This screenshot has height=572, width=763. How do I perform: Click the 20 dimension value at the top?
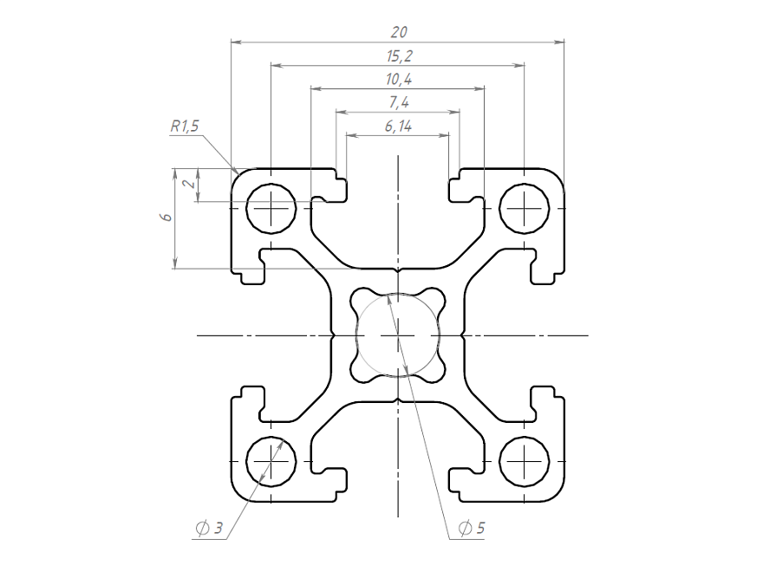399,32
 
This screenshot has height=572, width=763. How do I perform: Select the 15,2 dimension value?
398,56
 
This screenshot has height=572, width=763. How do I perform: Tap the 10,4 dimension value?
398,80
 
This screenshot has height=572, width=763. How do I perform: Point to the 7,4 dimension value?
398,103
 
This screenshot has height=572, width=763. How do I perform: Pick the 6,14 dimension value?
397,127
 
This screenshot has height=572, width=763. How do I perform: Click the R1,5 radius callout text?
184,127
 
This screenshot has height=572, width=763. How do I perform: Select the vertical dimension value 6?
165,218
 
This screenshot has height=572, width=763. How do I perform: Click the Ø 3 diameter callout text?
210,528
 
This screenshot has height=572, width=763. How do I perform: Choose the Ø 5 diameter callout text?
471,528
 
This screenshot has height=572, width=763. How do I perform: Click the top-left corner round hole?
271,208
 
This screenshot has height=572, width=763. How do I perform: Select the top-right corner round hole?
525,208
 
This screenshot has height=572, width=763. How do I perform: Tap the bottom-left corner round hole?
271,460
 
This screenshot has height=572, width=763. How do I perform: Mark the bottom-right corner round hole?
525,460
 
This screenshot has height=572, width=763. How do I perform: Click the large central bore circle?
398,335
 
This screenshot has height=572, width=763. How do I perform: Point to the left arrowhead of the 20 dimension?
236,41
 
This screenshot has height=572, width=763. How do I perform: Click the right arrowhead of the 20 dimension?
559,41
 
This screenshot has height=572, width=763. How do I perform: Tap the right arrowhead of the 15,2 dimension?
520,64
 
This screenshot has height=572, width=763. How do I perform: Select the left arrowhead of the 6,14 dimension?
350,135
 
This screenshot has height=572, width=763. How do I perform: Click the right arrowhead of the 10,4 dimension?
479,88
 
